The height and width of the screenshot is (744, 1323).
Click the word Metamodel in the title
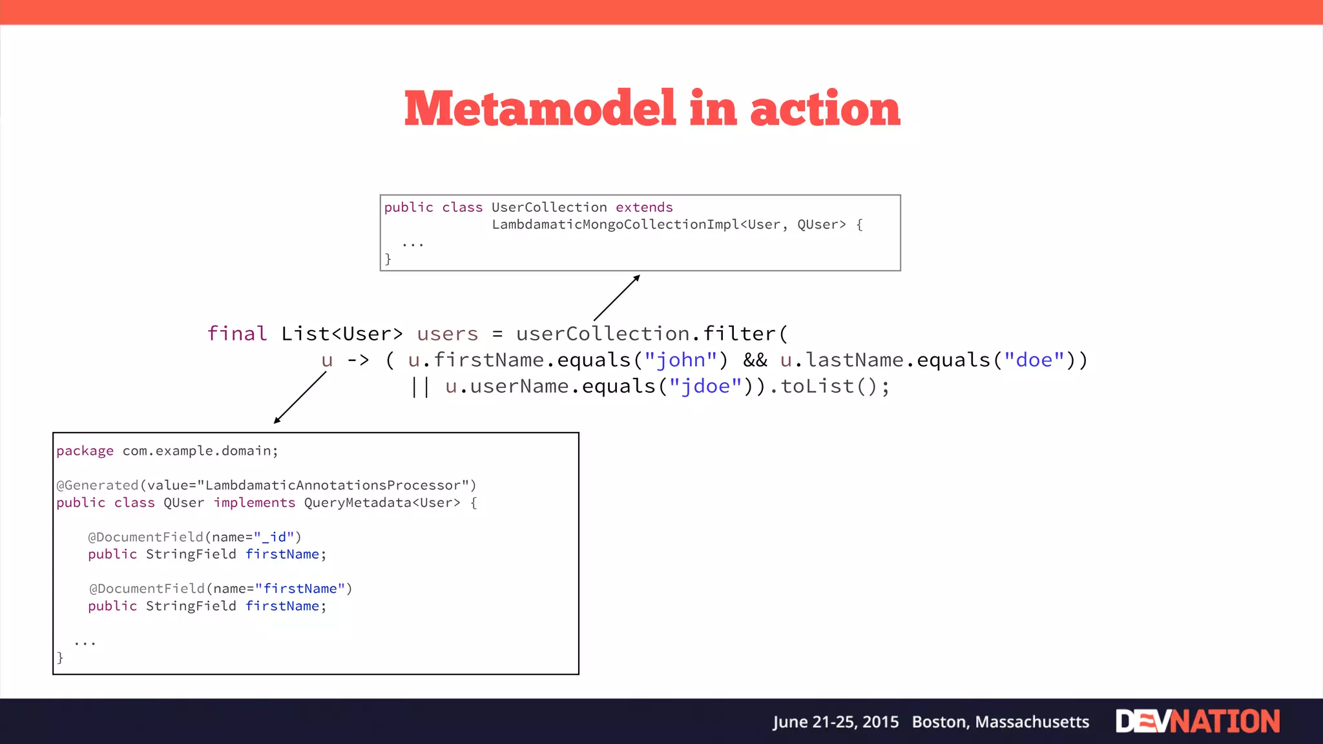(540, 108)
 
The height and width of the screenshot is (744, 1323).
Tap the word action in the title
(825, 108)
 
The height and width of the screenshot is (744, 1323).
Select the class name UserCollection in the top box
(549, 207)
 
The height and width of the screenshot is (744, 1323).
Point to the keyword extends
(644, 207)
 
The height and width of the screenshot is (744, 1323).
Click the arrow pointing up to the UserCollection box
(617, 298)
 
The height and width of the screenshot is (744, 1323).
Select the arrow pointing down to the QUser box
(300, 398)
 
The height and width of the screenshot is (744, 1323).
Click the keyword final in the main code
(236, 334)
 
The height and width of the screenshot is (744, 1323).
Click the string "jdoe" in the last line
(705, 386)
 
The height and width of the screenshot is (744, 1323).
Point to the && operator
(755, 360)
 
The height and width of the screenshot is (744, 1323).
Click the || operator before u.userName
(421, 386)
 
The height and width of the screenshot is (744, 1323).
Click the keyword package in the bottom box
(85, 451)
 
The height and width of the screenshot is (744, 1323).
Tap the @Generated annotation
(97, 485)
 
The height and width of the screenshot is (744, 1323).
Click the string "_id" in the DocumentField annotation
(274, 537)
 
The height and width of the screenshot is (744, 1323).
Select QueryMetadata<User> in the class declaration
(382, 502)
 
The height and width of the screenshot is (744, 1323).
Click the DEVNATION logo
(1197, 721)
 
